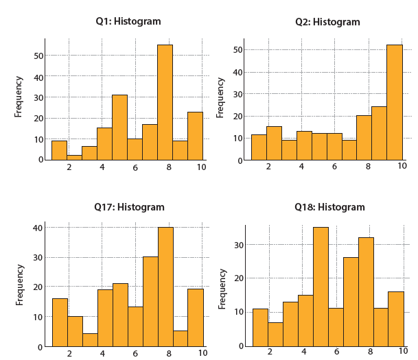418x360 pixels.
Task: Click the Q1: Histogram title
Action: [x=128, y=21]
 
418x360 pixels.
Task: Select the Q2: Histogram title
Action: [x=327, y=22]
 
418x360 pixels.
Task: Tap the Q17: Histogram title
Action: [x=129, y=207]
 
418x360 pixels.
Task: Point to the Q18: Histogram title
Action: [x=329, y=207]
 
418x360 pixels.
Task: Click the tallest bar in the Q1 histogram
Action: [x=165, y=102]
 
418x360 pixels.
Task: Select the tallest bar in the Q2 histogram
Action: [x=394, y=103]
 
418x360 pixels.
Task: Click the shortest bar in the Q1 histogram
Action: [x=75, y=157]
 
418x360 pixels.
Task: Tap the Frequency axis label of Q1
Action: [x=19, y=97]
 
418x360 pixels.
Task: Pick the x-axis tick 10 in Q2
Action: [x=402, y=166]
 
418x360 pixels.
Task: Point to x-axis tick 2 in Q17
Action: [x=69, y=352]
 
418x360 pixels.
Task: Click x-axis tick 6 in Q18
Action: [x=336, y=352]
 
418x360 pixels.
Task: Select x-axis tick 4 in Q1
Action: [x=102, y=167]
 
